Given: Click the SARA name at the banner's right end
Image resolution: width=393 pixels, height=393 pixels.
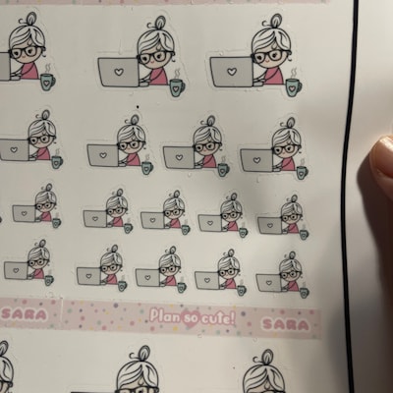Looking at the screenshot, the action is tap(286, 324).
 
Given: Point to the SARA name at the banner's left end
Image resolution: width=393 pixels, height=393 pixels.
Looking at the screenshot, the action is tap(25, 314).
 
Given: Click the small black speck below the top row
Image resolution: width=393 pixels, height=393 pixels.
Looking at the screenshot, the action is tap(138, 106).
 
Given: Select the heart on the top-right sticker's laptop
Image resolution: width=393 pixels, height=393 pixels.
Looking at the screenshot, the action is tap(232, 71).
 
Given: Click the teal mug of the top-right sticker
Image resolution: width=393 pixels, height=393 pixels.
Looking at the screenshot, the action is tap(294, 86).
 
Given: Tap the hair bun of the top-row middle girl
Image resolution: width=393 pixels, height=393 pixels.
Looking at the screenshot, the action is tap(159, 23).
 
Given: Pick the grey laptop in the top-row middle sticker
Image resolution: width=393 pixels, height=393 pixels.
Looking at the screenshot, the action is tap(119, 72).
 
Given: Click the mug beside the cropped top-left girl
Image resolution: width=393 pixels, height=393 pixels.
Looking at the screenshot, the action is tap(47, 82).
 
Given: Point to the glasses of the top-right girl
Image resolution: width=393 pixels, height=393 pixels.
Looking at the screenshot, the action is tap(270, 56).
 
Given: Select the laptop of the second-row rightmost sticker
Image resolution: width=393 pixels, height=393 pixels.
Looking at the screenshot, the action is tap(256, 160).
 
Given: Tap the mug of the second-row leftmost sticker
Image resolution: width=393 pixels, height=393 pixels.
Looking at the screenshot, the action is tap(57, 162).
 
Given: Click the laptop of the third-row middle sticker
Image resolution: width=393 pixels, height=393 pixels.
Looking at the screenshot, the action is tap(152, 220).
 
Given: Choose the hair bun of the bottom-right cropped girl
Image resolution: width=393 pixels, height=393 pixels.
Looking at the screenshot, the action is tap(267, 357).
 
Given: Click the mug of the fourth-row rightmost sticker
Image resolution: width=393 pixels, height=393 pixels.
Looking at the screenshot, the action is tap(304, 292).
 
